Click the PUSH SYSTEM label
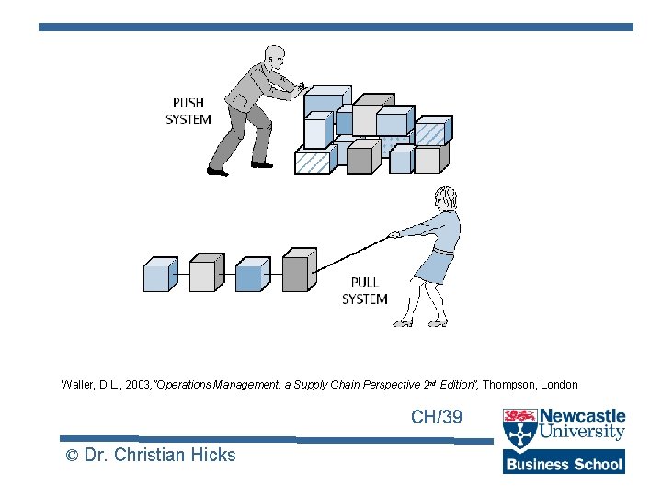188,111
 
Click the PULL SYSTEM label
365,291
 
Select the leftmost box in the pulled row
157,275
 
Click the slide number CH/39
437,418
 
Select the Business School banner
564,463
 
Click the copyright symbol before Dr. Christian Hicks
71,456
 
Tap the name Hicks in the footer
213,455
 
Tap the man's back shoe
218,171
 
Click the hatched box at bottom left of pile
313,162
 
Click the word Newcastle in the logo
583,416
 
